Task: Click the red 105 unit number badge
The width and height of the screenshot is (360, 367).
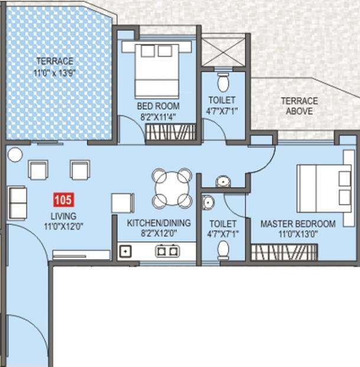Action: pyautogui.click(x=64, y=200)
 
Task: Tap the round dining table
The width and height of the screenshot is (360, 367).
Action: pyautogui.click(x=172, y=188)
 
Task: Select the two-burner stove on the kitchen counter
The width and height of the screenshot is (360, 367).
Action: pyautogui.click(x=168, y=251)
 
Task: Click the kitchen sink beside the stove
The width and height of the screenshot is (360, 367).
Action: pyautogui.click(x=125, y=252)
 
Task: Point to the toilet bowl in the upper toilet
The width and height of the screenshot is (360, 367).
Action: pyautogui.click(x=223, y=82)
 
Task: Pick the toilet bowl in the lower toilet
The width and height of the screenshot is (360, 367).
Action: pyautogui.click(x=223, y=250)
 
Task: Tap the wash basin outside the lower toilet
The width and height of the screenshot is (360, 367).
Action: pyautogui.click(x=223, y=182)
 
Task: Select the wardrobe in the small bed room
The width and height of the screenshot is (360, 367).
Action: pyautogui.click(x=171, y=132)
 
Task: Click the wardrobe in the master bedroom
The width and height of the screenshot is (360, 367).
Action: pyautogui.click(x=284, y=252)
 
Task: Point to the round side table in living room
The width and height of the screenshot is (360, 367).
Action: pyautogui.click(x=15, y=154)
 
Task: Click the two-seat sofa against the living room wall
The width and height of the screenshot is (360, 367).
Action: pyautogui.click(x=17, y=203)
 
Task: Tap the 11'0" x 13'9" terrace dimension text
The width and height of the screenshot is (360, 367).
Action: pyautogui.click(x=55, y=73)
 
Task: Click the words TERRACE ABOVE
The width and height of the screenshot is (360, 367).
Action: pyautogui.click(x=300, y=106)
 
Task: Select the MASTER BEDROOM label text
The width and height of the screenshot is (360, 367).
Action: pyautogui.click(x=298, y=224)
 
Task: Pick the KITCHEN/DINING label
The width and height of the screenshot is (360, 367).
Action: pyautogui.click(x=159, y=223)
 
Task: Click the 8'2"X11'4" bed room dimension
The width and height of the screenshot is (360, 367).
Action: pyautogui.click(x=158, y=117)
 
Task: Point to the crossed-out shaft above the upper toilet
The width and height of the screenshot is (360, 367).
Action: pyautogui.click(x=223, y=52)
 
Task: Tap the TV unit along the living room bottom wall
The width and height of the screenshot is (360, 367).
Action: pyautogui.click(x=81, y=255)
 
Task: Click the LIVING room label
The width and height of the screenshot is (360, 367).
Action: pyautogui.click(x=64, y=216)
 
